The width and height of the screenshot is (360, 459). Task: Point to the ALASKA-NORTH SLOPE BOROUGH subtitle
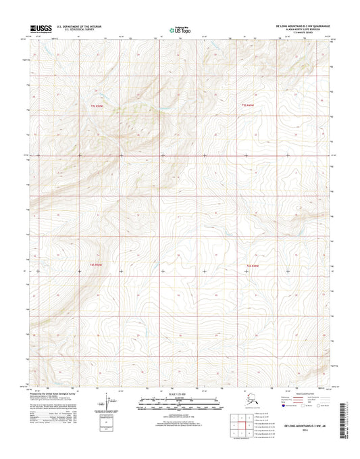tap(310, 28)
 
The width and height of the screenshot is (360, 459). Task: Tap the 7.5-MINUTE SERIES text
tap(312, 31)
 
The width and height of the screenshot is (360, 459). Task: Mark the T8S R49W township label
tap(253, 265)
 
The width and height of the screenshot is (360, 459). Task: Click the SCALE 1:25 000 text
tap(179, 394)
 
